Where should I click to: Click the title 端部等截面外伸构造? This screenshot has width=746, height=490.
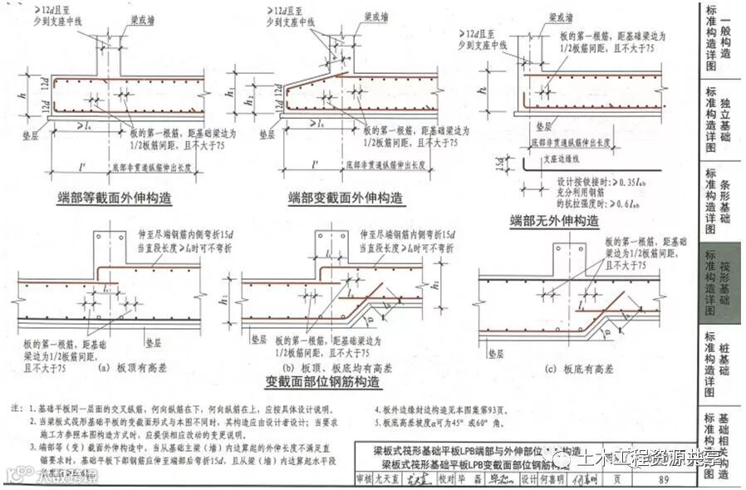click(110, 198)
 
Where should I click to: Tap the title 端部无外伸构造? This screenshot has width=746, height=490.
click(554, 221)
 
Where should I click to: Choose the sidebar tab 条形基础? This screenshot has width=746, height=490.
click(723, 199)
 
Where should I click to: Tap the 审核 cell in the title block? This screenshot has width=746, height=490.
click(363, 479)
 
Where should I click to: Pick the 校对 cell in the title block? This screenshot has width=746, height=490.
click(445, 479)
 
